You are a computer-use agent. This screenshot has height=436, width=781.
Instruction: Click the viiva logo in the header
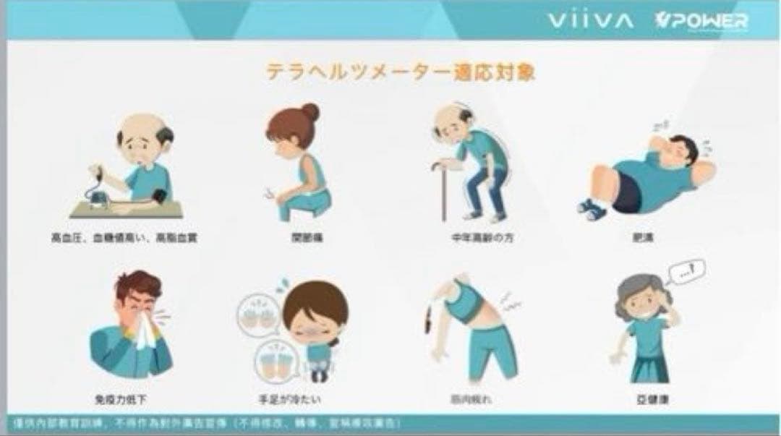click(590, 20)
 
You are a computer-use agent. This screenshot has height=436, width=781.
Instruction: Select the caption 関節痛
click(297, 237)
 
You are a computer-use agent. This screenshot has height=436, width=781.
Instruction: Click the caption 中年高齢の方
click(470, 237)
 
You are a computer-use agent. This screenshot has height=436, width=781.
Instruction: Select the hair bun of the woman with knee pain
click(310, 112)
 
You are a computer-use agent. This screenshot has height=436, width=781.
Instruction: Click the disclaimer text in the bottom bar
click(206, 422)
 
